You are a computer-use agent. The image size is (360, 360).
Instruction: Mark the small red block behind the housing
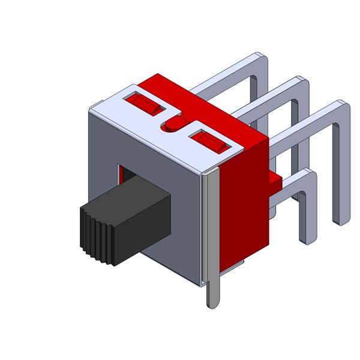tap(275, 179)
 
